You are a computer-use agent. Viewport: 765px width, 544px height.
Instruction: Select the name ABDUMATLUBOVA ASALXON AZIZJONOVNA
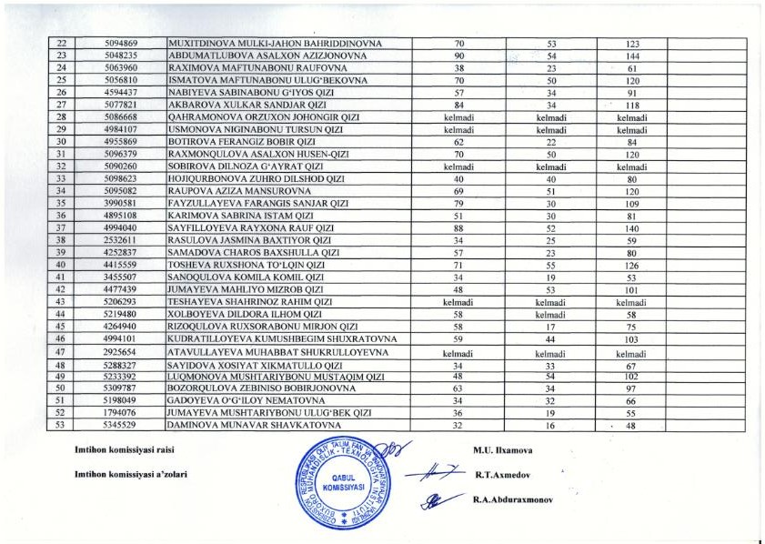point(263,55)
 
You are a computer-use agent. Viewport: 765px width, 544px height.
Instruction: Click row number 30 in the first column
point(61,142)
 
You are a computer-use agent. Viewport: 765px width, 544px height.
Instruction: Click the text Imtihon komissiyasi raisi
point(124,450)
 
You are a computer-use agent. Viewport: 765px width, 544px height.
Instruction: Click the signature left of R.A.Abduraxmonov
point(437,499)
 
